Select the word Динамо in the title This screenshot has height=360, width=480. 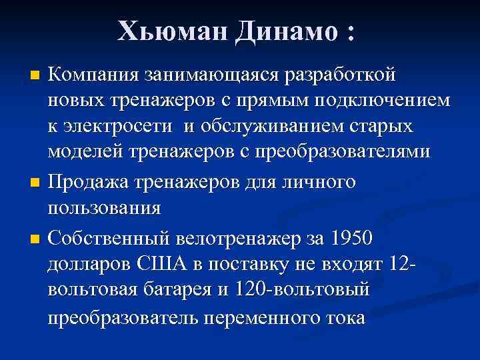pos(285,31)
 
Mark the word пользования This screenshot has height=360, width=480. pos(104,207)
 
